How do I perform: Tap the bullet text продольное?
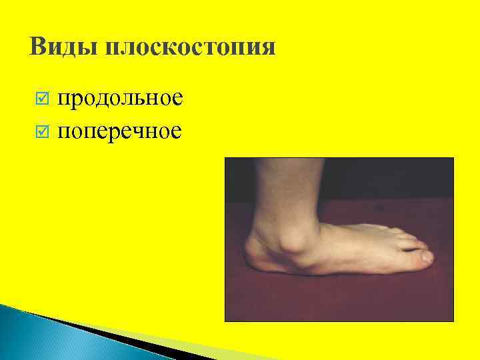[119, 99]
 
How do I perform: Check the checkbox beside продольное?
[41, 100]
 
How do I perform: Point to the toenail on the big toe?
[427, 255]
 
